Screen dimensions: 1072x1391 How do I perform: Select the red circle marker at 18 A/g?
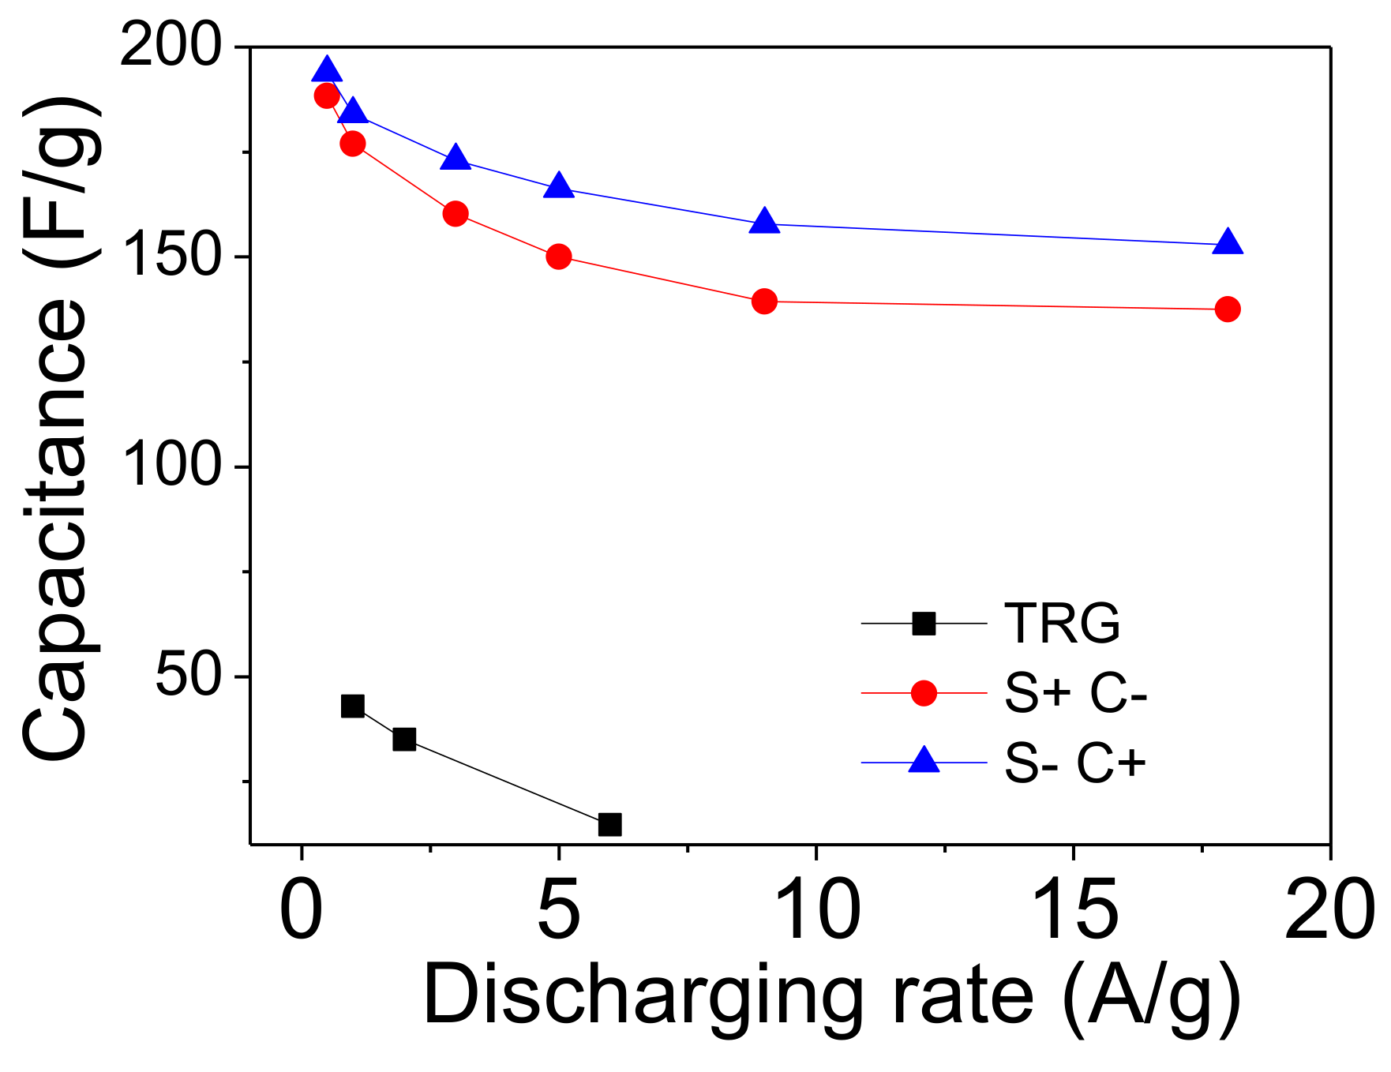coord(1228,309)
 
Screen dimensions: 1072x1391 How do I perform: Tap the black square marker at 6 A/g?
coord(609,824)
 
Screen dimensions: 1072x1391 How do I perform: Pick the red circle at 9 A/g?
coord(764,301)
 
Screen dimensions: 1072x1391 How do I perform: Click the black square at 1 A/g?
coord(353,706)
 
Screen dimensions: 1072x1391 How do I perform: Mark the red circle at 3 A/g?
coord(456,213)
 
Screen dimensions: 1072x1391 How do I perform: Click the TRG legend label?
coord(1062,624)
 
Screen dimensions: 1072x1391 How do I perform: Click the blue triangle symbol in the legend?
coord(924,761)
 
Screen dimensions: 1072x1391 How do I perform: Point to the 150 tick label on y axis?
coord(170,256)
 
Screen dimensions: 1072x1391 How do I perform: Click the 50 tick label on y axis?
coord(187,676)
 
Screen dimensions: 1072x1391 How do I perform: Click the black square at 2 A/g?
coord(404,739)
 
